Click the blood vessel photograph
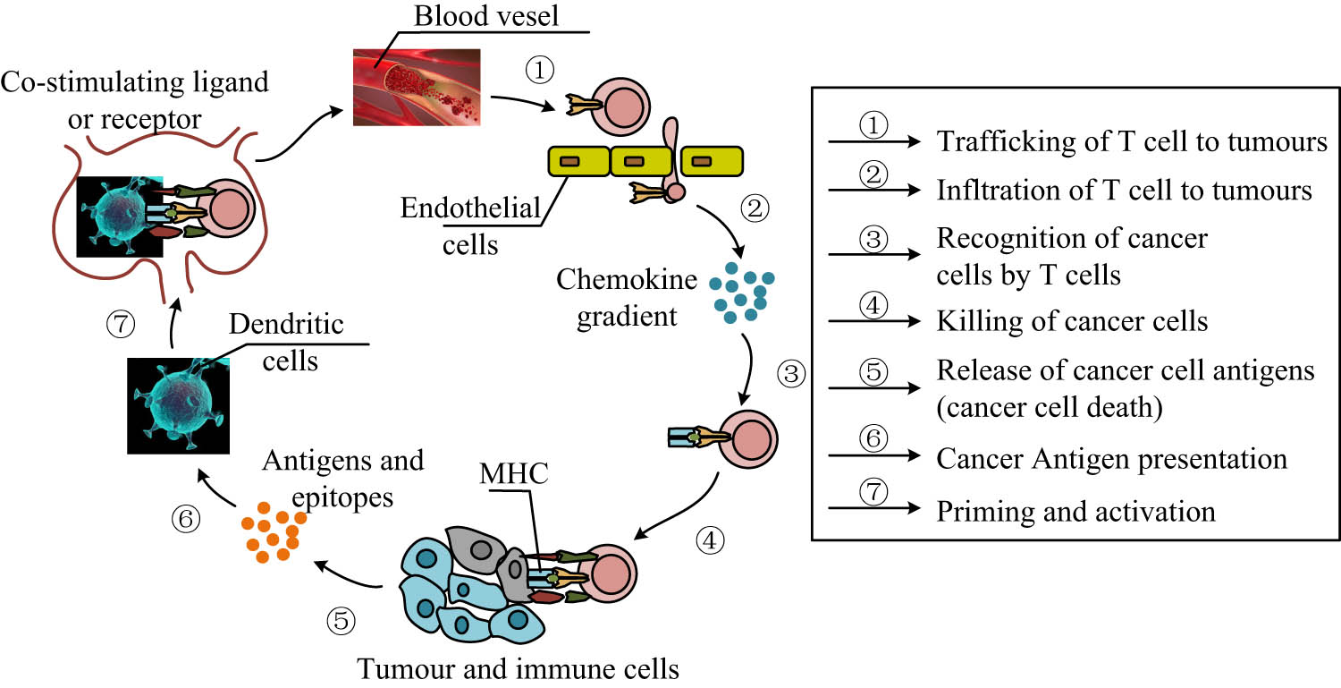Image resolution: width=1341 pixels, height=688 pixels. pyautogui.click(x=414, y=86)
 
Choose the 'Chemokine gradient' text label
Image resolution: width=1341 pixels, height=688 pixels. pyautogui.click(x=626, y=298)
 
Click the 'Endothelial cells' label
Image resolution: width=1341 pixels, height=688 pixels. pyautogui.click(x=471, y=225)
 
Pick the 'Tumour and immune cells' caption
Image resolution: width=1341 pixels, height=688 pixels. pyautogui.click(x=519, y=668)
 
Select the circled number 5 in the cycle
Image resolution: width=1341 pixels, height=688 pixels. pyautogui.click(x=342, y=620)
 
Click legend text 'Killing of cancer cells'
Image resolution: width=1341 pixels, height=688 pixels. pyautogui.click(x=1072, y=319)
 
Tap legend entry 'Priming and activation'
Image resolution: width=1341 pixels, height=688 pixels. pyautogui.click(x=1075, y=511)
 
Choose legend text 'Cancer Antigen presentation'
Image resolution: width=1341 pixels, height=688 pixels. pyautogui.click(x=1111, y=459)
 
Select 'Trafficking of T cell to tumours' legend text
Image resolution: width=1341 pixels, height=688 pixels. pyautogui.click(x=1131, y=141)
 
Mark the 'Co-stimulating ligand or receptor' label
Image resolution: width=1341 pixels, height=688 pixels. pyautogui.click(x=135, y=101)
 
